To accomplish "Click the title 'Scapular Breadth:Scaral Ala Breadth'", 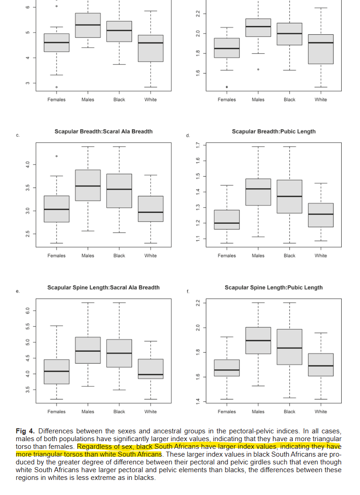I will click(104, 132).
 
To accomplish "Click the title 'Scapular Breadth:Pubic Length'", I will click(273, 132).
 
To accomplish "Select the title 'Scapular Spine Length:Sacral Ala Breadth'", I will click(104, 288).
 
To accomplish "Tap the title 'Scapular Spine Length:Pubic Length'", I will click(273, 288).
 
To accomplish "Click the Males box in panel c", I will click(88, 185).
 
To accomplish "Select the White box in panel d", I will click(321, 215).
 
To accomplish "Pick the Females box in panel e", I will click(57, 372).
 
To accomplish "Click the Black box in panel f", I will click(289, 347).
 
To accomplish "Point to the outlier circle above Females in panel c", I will click(57, 156).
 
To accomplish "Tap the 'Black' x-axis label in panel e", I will click(119, 412).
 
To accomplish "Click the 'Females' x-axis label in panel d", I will click(227, 256).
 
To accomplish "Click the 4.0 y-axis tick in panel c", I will click(28, 164).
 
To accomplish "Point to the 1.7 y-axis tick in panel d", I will click(197, 145).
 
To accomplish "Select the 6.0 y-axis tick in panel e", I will click(28, 311).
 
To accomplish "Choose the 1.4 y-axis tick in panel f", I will click(197, 401).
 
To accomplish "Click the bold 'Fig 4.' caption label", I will click(26, 431).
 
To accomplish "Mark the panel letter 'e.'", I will click(17, 291).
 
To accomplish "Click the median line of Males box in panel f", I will click(258, 341).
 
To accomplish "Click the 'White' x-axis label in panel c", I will click(151, 256).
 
